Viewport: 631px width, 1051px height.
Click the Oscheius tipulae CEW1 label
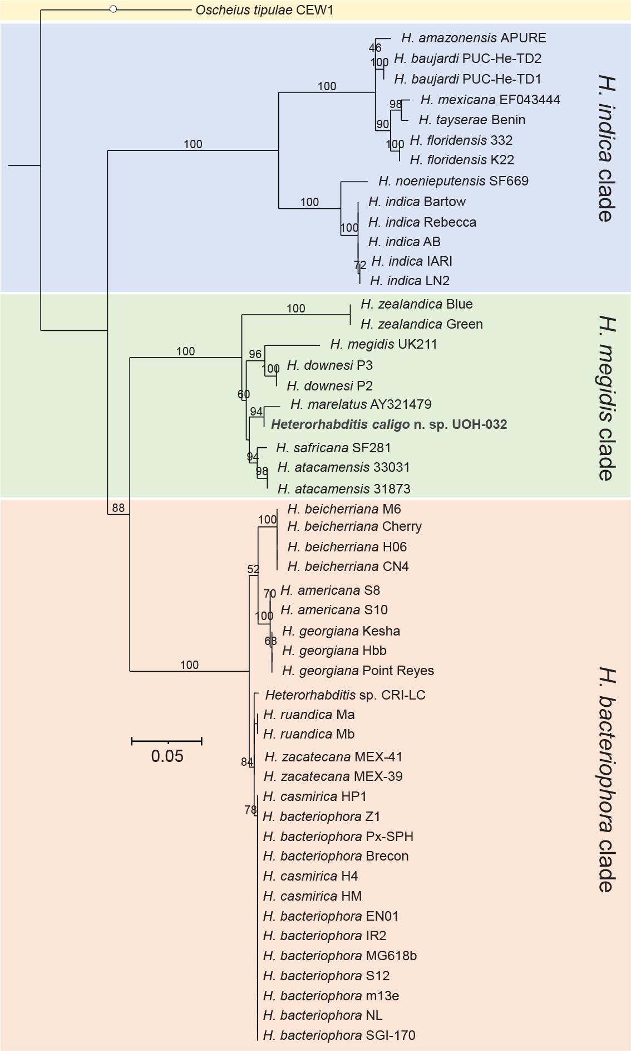click(x=264, y=10)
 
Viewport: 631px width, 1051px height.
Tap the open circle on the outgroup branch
click(x=113, y=9)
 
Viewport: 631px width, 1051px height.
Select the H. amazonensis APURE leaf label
click(x=474, y=38)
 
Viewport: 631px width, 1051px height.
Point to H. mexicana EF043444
click(x=490, y=100)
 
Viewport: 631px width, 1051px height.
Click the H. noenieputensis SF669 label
click(x=453, y=181)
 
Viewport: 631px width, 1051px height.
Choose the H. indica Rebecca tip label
click(x=422, y=222)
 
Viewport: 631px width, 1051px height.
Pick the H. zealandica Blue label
click(x=416, y=304)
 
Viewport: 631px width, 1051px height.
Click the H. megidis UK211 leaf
click(x=383, y=345)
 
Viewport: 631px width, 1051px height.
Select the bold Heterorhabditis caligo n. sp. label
click(x=388, y=424)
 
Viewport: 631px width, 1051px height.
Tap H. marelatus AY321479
click(x=361, y=404)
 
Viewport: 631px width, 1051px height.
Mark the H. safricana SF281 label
click(x=333, y=448)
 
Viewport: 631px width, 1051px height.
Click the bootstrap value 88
click(x=118, y=508)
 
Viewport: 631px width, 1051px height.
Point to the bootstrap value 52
click(x=253, y=569)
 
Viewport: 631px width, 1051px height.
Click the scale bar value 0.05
click(x=167, y=756)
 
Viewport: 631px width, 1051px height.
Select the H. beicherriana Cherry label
click(x=354, y=526)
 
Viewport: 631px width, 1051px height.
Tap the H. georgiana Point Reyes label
click(x=358, y=671)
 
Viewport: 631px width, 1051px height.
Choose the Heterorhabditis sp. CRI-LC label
click(x=345, y=695)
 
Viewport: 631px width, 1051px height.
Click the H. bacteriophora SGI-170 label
click(x=339, y=1035)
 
